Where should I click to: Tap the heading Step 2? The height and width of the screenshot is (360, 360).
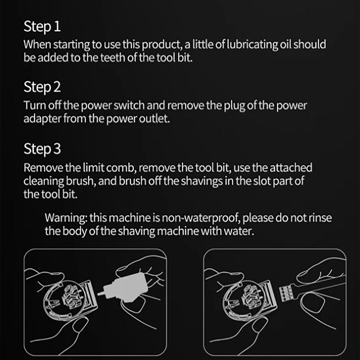point(42,88)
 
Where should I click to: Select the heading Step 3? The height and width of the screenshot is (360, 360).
point(42,149)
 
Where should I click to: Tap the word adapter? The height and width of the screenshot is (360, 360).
point(42,119)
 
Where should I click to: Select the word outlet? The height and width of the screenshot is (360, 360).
point(154,119)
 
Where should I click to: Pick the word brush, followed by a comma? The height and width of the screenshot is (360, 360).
point(81,181)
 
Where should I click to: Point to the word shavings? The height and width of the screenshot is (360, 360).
point(202,181)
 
